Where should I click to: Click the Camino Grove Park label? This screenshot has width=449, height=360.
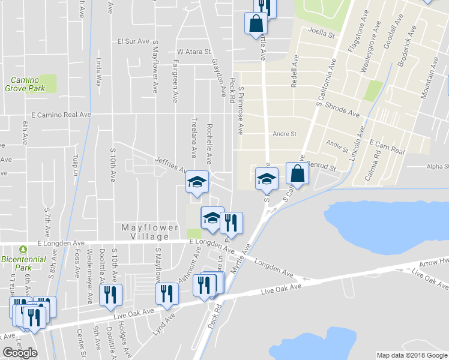[25, 84]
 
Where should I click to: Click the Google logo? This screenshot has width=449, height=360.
[20, 353]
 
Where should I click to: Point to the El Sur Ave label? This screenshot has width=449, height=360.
[133, 41]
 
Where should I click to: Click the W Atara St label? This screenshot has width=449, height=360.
[194, 52]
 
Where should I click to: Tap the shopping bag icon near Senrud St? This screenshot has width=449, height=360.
[297, 174]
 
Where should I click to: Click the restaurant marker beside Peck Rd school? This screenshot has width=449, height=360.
[231, 223]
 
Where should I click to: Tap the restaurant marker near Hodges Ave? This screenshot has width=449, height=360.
[112, 295]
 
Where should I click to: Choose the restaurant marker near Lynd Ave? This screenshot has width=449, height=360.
[166, 293]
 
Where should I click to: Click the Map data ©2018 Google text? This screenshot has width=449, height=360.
[412, 355]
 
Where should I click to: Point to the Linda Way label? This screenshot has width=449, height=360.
[98, 72]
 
